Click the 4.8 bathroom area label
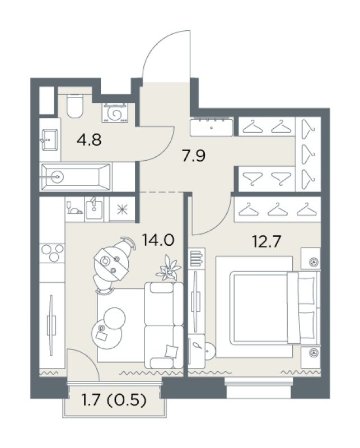coord(89,141)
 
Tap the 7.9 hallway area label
coord(194,156)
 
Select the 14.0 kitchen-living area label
coord(158,240)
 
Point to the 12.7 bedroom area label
coord(267,241)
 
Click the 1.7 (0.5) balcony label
coord(114,400)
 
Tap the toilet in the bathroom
coord(74,106)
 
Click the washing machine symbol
coord(115,113)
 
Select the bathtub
coord(76,177)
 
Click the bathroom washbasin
coord(50,139)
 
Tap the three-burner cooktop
coord(52,253)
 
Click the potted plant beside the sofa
coord(169,268)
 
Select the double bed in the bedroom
coord(268,307)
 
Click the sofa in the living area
coord(163,325)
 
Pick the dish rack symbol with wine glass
coord(74,208)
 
